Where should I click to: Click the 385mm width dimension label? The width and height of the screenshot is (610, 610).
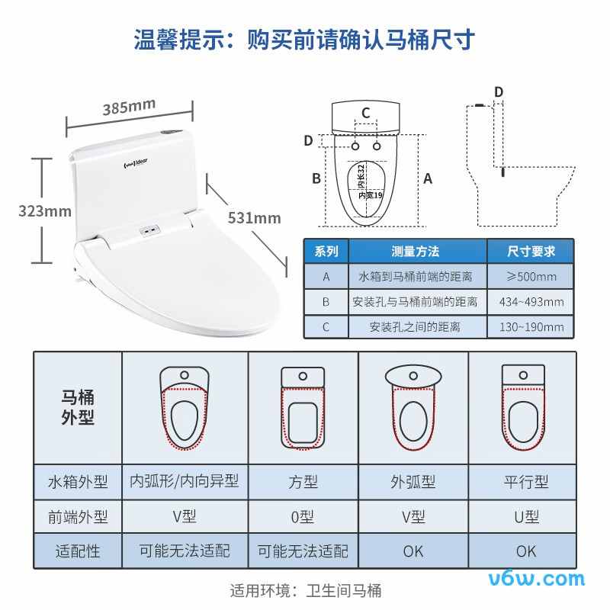(129, 107)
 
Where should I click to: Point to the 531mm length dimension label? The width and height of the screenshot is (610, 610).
(254, 218)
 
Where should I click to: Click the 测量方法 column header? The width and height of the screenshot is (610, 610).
(415, 251)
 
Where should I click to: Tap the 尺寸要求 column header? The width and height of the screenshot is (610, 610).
(531, 251)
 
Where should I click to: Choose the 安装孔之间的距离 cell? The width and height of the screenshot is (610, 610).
(415, 327)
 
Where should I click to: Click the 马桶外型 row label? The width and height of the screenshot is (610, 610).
(78, 407)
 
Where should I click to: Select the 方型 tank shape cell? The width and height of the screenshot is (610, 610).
(303, 482)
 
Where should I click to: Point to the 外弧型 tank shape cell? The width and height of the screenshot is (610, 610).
(413, 482)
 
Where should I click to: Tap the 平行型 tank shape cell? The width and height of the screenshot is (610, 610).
(525, 482)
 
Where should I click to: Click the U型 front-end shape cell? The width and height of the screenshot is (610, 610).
(525, 516)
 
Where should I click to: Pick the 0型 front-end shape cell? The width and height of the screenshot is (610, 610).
(303, 516)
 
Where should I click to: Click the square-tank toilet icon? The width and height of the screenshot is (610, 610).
(303, 407)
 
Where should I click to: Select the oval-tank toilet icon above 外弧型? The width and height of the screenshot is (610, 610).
(413, 407)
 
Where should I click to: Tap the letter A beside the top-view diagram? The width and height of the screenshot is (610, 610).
(428, 178)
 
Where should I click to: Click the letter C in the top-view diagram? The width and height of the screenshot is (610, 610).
(366, 114)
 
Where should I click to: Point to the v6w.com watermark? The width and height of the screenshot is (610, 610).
(544, 579)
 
